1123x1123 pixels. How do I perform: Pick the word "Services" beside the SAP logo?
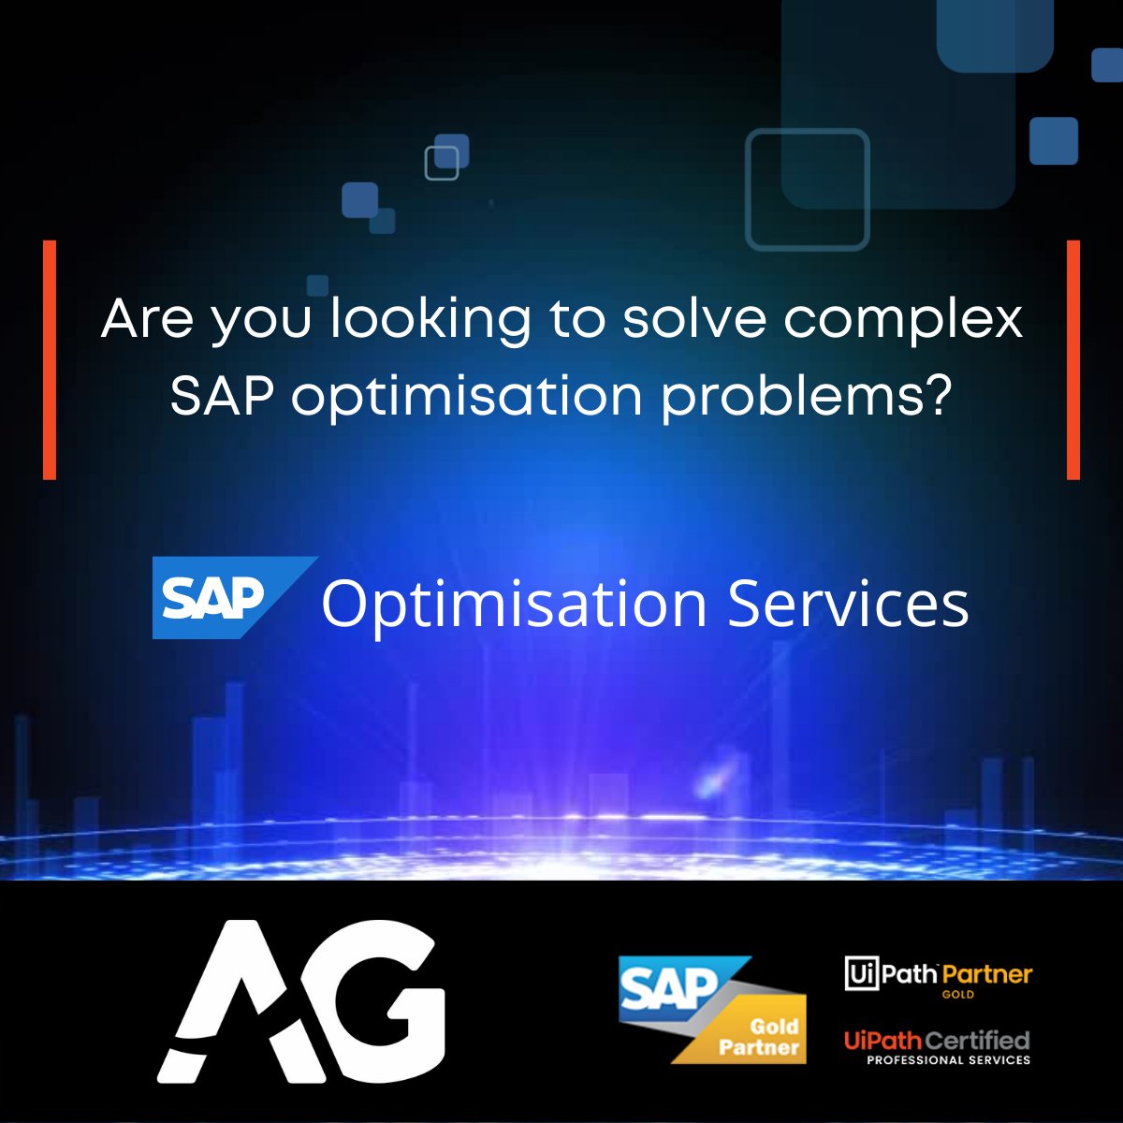[x=848, y=604]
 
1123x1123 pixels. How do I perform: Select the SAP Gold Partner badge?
[x=711, y=1009]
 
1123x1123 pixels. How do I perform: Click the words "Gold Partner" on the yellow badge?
[x=760, y=1037]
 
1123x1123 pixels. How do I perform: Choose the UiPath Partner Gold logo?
[x=938, y=977]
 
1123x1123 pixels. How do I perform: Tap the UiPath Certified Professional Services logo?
[x=937, y=1047]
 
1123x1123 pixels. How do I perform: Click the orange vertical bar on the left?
[x=50, y=359]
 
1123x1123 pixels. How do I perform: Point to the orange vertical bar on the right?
[x=1073, y=359]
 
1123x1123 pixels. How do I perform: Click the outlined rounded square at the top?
[x=807, y=189]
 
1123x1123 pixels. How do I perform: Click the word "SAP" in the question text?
[x=222, y=397]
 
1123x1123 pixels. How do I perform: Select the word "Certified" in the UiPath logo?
[x=978, y=1040]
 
